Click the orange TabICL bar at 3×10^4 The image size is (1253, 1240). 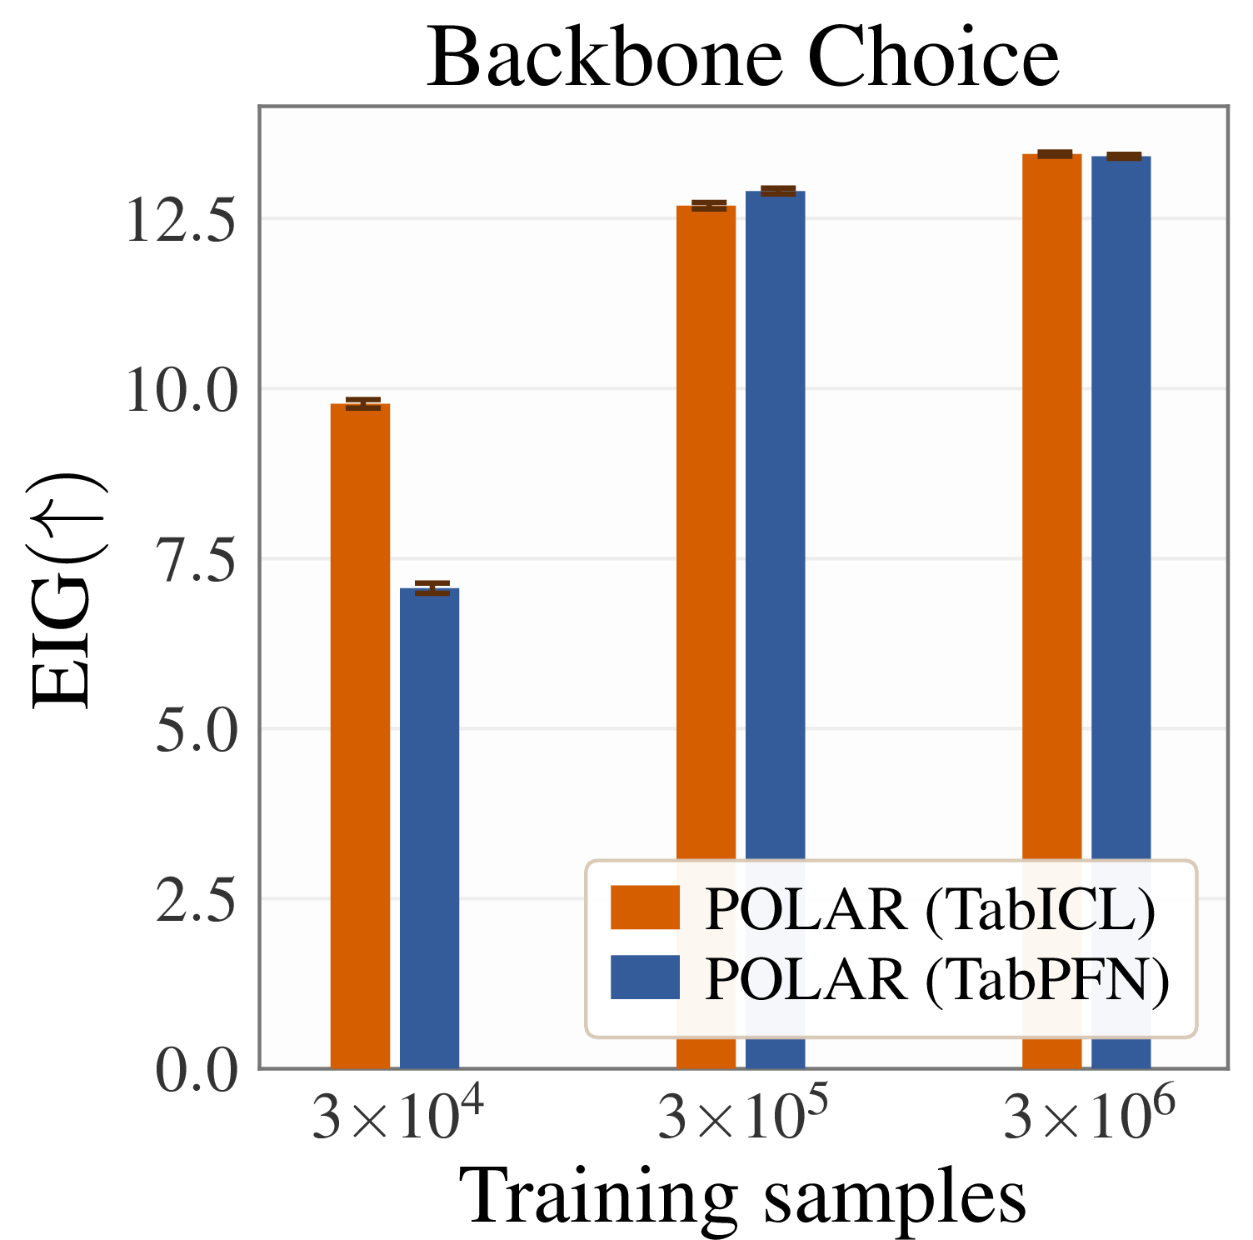[x=360, y=735]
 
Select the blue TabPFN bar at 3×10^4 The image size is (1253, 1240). [x=430, y=827]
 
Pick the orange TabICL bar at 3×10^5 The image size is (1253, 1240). [x=706, y=636]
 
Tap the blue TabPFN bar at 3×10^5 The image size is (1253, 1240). [x=776, y=629]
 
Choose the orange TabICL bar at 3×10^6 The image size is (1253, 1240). [x=1052, y=611]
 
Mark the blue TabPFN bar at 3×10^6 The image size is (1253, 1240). [x=1121, y=612]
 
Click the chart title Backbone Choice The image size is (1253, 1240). [x=743, y=57]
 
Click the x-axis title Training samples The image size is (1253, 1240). [x=743, y=1197]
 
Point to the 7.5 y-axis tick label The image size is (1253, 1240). [x=197, y=561]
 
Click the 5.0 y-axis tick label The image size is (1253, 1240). [x=197, y=731]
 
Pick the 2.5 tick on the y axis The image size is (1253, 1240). [x=197, y=901]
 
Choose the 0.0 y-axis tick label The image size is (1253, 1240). [x=197, y=1071]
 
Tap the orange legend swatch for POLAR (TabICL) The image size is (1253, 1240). [x=645, y=907]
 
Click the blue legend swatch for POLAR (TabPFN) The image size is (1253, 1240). [x=645, y=977]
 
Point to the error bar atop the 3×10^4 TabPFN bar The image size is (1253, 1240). [x=432, y=588]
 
